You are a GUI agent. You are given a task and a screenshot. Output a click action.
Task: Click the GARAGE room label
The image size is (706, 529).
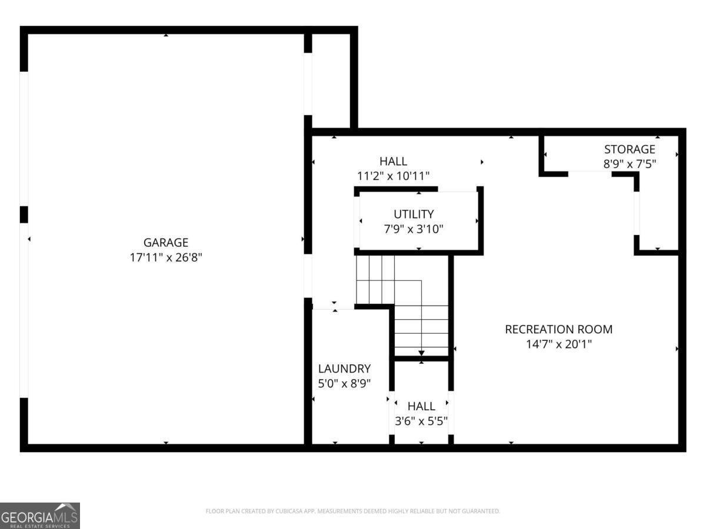click(x=166, y=242)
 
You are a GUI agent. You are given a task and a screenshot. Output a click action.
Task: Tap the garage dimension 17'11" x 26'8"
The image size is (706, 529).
click(x=166, y=257)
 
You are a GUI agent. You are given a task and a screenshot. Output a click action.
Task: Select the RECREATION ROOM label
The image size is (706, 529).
click(x=558, y=329)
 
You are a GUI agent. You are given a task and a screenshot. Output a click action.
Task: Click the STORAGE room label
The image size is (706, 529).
click(x=629, y=149)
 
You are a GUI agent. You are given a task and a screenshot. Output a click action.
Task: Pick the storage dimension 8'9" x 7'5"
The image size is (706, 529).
click(x=629, y=165)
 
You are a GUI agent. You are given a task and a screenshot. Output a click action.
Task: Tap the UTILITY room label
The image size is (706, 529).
click(x=414, y=214)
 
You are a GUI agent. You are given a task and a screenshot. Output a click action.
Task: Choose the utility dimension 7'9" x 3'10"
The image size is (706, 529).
click(x=414, y=229)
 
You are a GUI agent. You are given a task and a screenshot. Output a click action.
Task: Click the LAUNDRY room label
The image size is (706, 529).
click(x=344, y=369)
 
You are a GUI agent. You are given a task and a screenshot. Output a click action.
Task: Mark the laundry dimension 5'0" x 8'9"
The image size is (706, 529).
click(x=344, y=384)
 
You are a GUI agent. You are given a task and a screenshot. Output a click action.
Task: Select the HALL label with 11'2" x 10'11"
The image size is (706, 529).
click(x=393, y=160)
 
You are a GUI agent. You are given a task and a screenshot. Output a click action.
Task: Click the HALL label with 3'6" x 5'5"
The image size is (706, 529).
click(x=421, y=406)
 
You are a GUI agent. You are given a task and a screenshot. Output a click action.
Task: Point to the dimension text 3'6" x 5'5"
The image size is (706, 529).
click(x=421, y=421)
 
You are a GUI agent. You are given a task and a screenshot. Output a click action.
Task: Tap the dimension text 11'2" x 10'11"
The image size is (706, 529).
click(x=393, y=176)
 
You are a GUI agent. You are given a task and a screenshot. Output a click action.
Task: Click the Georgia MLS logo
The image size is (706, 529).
click(x=39, y=515)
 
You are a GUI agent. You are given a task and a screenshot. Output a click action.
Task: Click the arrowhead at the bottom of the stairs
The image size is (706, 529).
click(x=421, y=353)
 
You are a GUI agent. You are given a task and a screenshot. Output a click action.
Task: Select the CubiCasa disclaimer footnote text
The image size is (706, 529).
click(x=352, y=511)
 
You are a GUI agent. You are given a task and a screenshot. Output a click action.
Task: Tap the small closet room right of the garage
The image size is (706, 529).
click(x=331, y=79)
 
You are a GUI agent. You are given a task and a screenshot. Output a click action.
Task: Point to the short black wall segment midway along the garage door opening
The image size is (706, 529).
click(x=24, y=215)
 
